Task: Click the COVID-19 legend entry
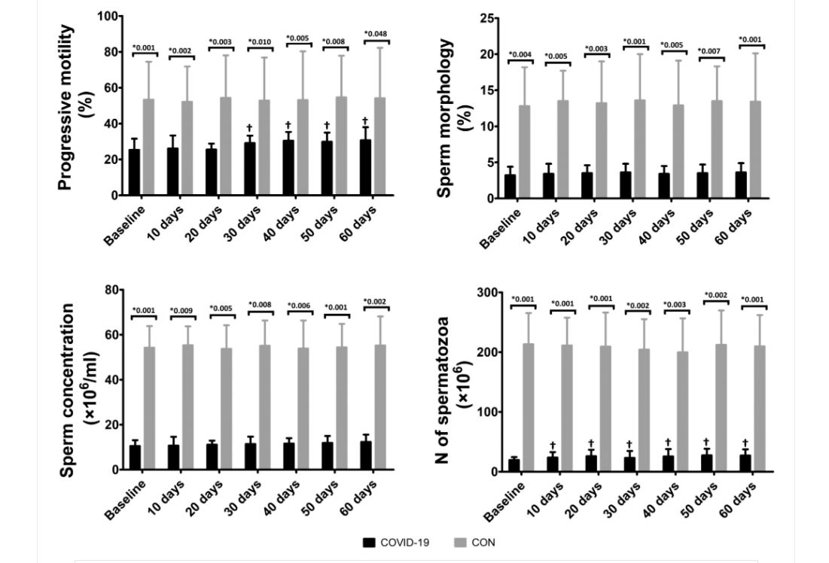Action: tap(396, 543)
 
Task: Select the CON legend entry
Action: tap(475, 543)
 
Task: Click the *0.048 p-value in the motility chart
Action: tap(376, 34)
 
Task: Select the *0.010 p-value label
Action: tap(260, 41)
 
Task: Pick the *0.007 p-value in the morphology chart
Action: tap(709, 51)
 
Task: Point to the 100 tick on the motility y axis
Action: tap(108, 17)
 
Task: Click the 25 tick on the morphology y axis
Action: tap(486, 19)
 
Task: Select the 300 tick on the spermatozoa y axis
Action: tap(487, 292)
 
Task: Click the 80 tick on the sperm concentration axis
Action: tap(112, 291)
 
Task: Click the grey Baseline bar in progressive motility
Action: tap(148, 147)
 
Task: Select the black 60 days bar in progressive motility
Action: tap(364, 167)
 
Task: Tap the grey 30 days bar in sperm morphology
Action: tap(640, 149)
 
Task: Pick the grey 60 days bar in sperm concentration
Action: tap(380, 407)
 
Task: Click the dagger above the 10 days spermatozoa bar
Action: tap(553, 445)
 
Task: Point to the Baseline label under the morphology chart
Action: tap(500, 228)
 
